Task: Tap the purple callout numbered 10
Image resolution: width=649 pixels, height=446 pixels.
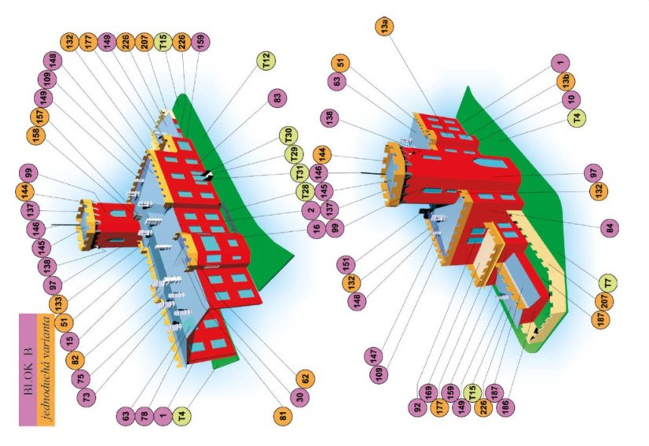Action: tap(571, 99)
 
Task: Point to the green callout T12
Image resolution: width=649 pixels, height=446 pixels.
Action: tap(267, 61)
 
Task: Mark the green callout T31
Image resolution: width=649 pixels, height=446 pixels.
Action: tap(299, 172)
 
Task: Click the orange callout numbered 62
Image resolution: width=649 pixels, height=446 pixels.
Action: tap(306, 378)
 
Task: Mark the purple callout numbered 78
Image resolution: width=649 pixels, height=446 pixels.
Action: tap(145, 415)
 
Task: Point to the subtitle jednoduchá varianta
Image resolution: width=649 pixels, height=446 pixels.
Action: tap(48, 369)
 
